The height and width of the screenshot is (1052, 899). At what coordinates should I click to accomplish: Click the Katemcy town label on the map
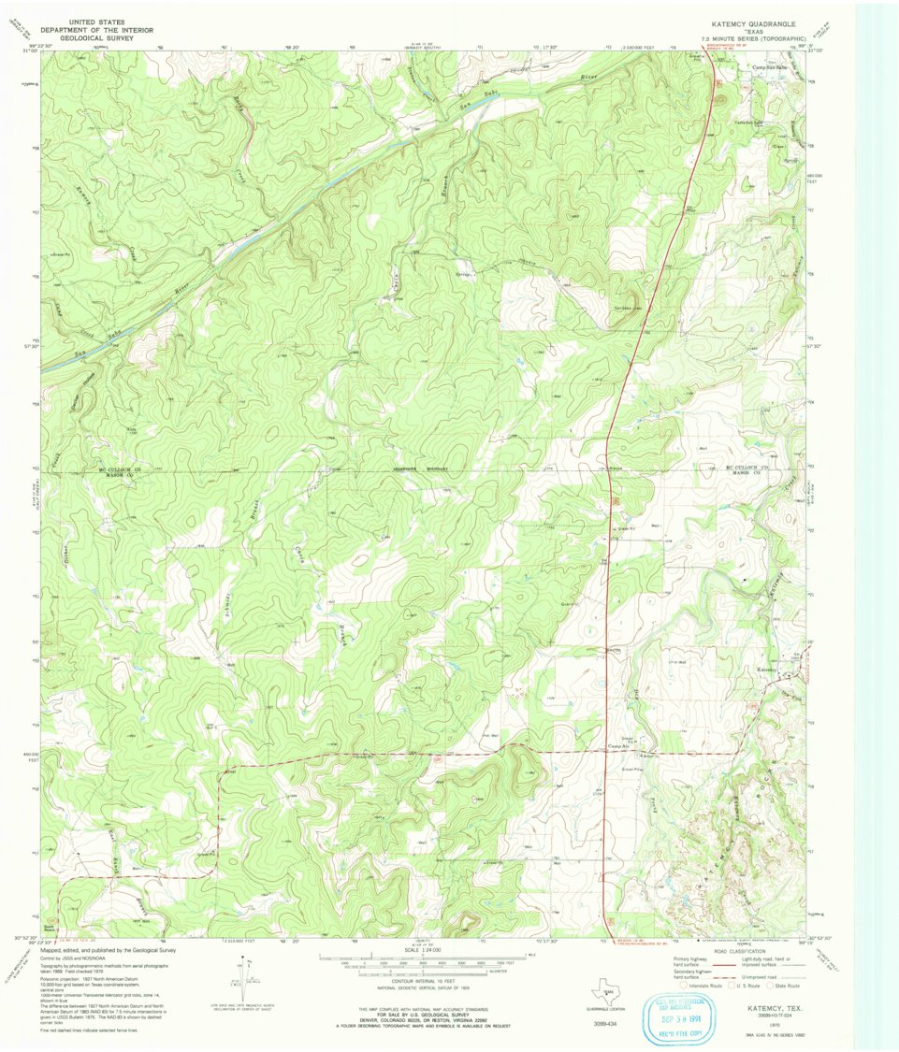pyautogui.click(x=767, y=670)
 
